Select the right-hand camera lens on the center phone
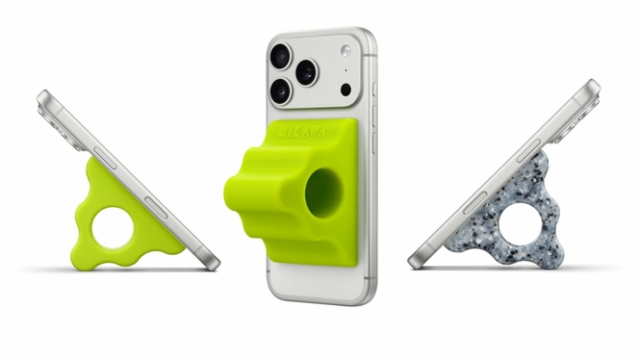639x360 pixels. (307, 72)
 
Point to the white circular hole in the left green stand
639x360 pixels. (116, 227)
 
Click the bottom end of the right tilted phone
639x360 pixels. (418, 260)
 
